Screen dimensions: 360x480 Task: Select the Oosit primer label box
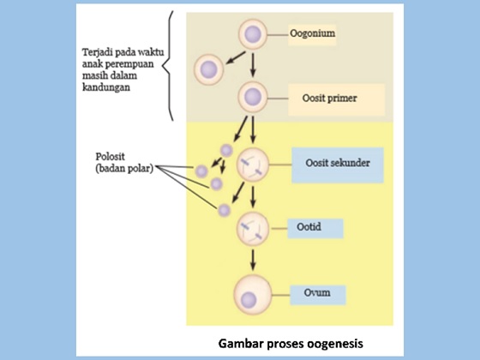point(328,98)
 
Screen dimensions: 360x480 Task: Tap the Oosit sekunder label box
point(335,164)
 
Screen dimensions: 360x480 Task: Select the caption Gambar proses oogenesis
point(290,342)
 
